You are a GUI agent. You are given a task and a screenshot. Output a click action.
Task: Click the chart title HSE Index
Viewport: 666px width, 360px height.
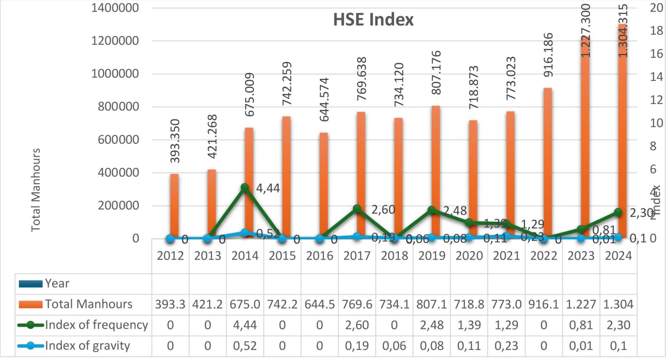click(373, 20)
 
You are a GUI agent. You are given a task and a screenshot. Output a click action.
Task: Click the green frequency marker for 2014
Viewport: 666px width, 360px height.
click(245, 187)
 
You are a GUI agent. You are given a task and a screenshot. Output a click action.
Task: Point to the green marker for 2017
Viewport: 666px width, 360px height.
click(357, 209)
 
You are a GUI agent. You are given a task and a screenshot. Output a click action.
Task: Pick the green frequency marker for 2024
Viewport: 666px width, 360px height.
click(618, 212)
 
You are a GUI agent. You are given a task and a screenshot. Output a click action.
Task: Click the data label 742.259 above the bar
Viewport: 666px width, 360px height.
click(287, 84)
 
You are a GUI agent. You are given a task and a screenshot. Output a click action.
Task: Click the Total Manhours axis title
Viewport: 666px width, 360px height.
click(36, 190)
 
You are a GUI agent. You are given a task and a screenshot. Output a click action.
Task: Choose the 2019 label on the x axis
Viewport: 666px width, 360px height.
click(431, 256)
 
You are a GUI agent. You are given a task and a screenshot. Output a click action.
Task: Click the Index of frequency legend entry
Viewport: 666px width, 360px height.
click(96, 325)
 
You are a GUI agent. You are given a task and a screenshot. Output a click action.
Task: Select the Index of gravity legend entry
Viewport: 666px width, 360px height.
click(87, 346)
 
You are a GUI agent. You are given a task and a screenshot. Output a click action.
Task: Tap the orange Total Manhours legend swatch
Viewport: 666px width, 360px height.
click(31, 304)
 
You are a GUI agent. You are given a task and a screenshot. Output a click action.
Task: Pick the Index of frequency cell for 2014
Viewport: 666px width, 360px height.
click(245, 325)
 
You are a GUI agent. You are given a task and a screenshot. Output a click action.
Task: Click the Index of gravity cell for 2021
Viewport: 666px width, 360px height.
click(506, 346)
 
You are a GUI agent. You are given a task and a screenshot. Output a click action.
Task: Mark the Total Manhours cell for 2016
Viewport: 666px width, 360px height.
click(319, 304)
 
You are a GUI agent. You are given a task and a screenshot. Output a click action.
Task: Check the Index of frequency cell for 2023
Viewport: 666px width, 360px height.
click(581, 325)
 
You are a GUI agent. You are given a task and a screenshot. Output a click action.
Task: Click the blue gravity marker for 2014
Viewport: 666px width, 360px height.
click(245, 233)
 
